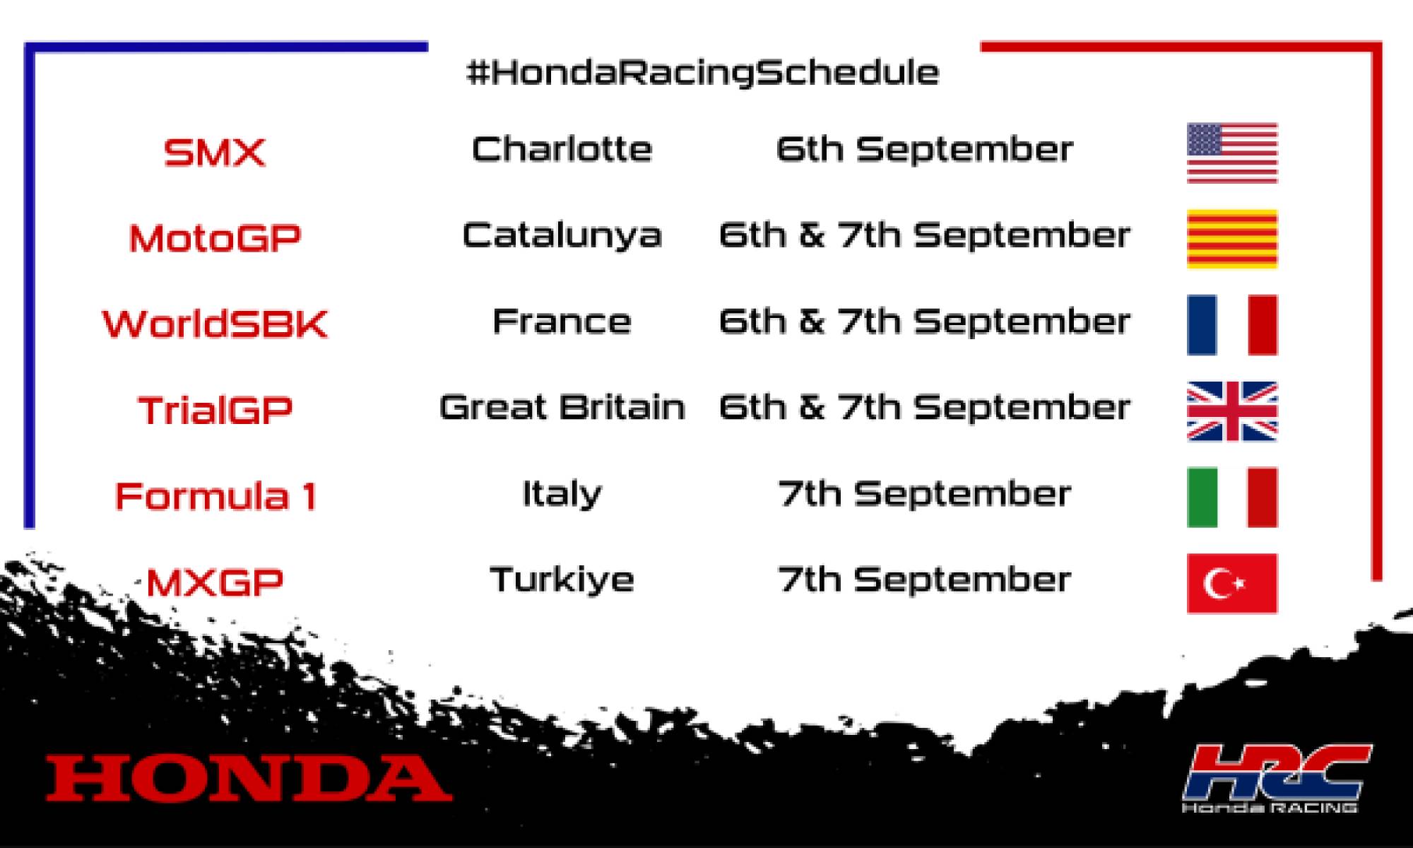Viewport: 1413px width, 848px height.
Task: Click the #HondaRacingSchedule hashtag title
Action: [703, 73]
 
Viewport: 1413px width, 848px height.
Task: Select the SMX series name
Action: [215, 152]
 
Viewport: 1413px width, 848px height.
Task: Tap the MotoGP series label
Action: [215, 238]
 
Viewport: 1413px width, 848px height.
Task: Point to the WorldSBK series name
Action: [215, 324]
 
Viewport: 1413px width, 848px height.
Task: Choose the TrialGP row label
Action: [215, 411]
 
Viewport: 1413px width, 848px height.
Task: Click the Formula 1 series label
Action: [215, 496]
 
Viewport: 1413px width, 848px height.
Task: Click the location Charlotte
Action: [562, 149]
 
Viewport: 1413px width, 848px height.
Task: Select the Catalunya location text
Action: [562, 235]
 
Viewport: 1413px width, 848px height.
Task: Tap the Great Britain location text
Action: [562, 408]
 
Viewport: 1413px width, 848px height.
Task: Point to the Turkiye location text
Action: [562, 580]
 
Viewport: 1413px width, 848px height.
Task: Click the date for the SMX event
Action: [924, 149]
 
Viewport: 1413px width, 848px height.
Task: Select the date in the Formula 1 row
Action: [924, 494]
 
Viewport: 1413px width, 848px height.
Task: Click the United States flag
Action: [1232, 153]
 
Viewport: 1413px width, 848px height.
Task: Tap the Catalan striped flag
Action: [1232, 239]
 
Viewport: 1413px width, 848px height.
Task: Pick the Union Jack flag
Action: [1232, 411]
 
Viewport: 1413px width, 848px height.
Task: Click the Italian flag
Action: [1232, 497]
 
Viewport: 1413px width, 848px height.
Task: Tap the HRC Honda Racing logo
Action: [1276, 777]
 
